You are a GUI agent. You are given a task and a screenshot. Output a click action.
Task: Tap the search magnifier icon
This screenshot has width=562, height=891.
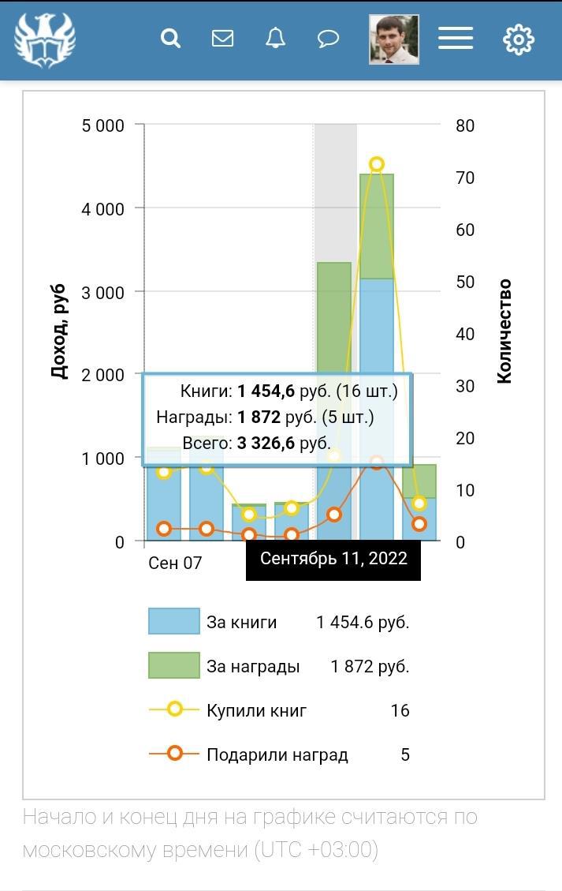click(170, 38)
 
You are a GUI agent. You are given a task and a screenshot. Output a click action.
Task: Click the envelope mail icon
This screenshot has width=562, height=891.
click(222, 38)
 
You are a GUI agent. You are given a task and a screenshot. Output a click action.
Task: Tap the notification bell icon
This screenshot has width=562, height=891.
click(275, 38)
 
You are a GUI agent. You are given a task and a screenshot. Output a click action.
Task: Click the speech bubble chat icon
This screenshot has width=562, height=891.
click(328, 38)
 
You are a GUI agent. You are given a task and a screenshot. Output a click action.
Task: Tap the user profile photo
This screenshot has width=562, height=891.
click(393, 39)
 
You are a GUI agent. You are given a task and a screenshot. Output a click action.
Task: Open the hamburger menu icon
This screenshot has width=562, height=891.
click(455, 38)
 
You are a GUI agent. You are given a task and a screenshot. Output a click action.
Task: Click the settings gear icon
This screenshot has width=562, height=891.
click(518, 39)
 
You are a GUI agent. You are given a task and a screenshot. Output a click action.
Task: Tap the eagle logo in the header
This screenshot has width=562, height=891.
click(45, 39)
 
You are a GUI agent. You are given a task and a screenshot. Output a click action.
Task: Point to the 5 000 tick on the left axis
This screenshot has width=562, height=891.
click(103, 125)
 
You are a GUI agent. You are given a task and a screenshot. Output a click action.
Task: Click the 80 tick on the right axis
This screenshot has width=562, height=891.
click(465, 125)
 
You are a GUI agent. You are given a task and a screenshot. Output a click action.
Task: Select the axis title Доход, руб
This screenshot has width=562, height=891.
click(60, 331)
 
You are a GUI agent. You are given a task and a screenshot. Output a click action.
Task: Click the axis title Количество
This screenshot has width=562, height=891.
click(504, 331)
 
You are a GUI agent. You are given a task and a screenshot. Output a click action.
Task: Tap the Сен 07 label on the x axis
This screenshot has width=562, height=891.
click(175, 563)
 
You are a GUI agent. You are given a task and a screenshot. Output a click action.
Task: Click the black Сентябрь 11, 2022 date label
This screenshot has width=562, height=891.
click(333, 559)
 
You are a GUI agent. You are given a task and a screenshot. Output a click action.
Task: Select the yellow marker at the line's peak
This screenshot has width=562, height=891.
click(377, 164)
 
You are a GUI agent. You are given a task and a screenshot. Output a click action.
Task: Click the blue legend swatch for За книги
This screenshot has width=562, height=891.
click(174, 621)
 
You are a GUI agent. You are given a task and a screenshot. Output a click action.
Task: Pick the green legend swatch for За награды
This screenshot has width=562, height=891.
click(174, 665)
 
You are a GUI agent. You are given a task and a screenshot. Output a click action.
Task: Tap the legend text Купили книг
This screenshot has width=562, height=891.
click(257, 710)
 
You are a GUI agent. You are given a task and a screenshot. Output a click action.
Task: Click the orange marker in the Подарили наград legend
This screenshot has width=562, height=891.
click(174, 754)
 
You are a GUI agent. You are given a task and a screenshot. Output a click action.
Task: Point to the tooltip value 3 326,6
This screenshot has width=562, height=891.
click(266, 444)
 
